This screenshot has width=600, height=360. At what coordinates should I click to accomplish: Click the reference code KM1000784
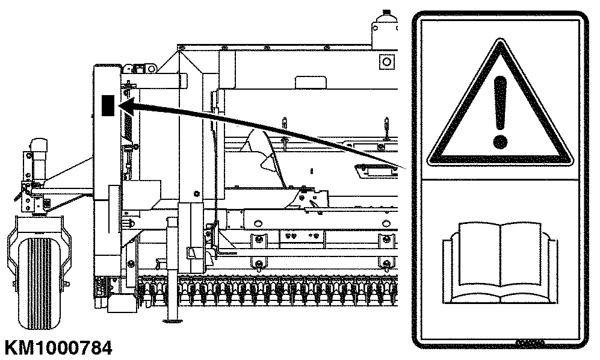coord(58,348)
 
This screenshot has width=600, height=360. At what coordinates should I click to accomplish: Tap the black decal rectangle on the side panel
coord(108,105)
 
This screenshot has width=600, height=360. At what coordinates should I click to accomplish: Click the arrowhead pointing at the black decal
coord(127,107)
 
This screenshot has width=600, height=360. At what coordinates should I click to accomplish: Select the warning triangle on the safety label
coord(499,104)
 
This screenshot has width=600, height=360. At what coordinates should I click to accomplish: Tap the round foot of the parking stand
coord(173,320)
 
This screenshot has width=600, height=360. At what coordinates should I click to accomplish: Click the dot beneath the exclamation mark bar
coord(499,141)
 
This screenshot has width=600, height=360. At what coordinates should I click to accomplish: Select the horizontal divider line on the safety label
coord(499,179)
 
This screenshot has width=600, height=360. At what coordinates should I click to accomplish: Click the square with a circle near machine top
coord(387,61)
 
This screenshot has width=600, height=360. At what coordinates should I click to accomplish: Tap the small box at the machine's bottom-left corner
coord(122,304)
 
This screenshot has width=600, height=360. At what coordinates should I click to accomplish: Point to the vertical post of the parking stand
coord(173,267)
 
